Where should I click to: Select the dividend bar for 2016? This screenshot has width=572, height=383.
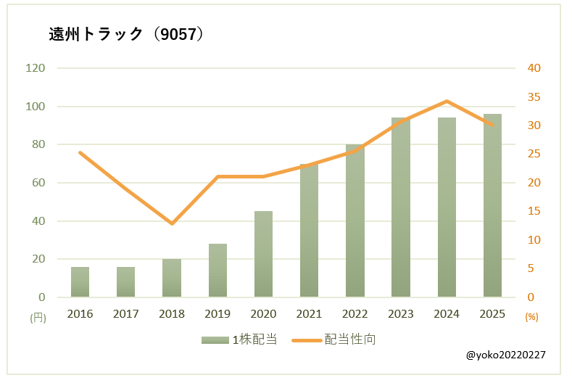pyautogui.click(x=80, y=282)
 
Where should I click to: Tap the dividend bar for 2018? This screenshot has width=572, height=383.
pyautogui.click(x=172, y=279)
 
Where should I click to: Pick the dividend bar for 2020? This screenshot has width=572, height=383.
pyautogui.click(x=264, y=255)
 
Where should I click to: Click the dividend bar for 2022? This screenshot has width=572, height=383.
pyautogui.click(x=355, y=221)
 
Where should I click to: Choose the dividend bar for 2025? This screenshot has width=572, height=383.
pyautogui.click(x=492, y=206)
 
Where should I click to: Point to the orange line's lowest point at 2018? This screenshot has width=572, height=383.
pyautogui.click(x=172, y=223)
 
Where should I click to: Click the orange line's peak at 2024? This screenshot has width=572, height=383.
pyautogui.click(x=447, y=101)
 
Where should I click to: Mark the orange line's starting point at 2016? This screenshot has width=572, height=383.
pyautogui.click(x=80, y=152)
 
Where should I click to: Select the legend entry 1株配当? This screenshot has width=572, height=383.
pyautogui.click(x=240, y=339)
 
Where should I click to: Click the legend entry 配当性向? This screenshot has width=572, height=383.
pyautogui.click(x=334, y=339)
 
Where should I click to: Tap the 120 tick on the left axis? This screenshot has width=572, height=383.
pyautogui.click(x=36, y=68)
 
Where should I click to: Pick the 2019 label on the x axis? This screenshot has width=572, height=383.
pyautogui.click(x=217, y=314)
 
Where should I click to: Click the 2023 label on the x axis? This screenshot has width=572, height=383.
pyautogui.click(x=401, y=314)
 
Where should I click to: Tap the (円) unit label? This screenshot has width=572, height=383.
pyautogui.click(x=38, y=317)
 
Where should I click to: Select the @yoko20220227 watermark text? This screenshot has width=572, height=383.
pyautogui.click(x=505, y=355)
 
